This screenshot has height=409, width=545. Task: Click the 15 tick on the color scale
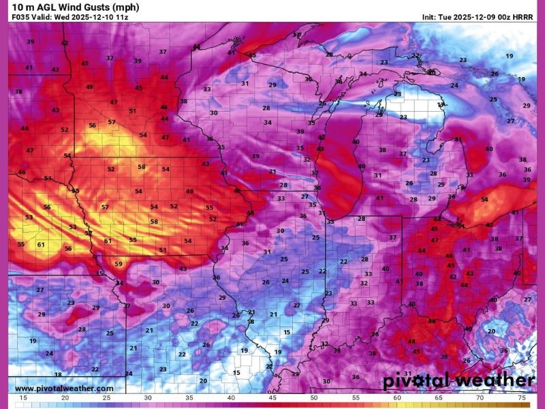pyautogui.click(x=24, y=397)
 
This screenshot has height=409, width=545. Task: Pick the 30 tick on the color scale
pyautogui.click(x=148, y=397)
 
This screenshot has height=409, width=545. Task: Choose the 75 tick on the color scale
pyautogui.click(x=521, y=397)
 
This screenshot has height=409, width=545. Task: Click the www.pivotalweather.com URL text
pyautogui.click(x=65, y=389)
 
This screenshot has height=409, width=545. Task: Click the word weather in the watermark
pyautogui.click(x=495, y=380)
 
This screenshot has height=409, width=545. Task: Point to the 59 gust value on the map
pyautogui.click(x=119, y=264)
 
